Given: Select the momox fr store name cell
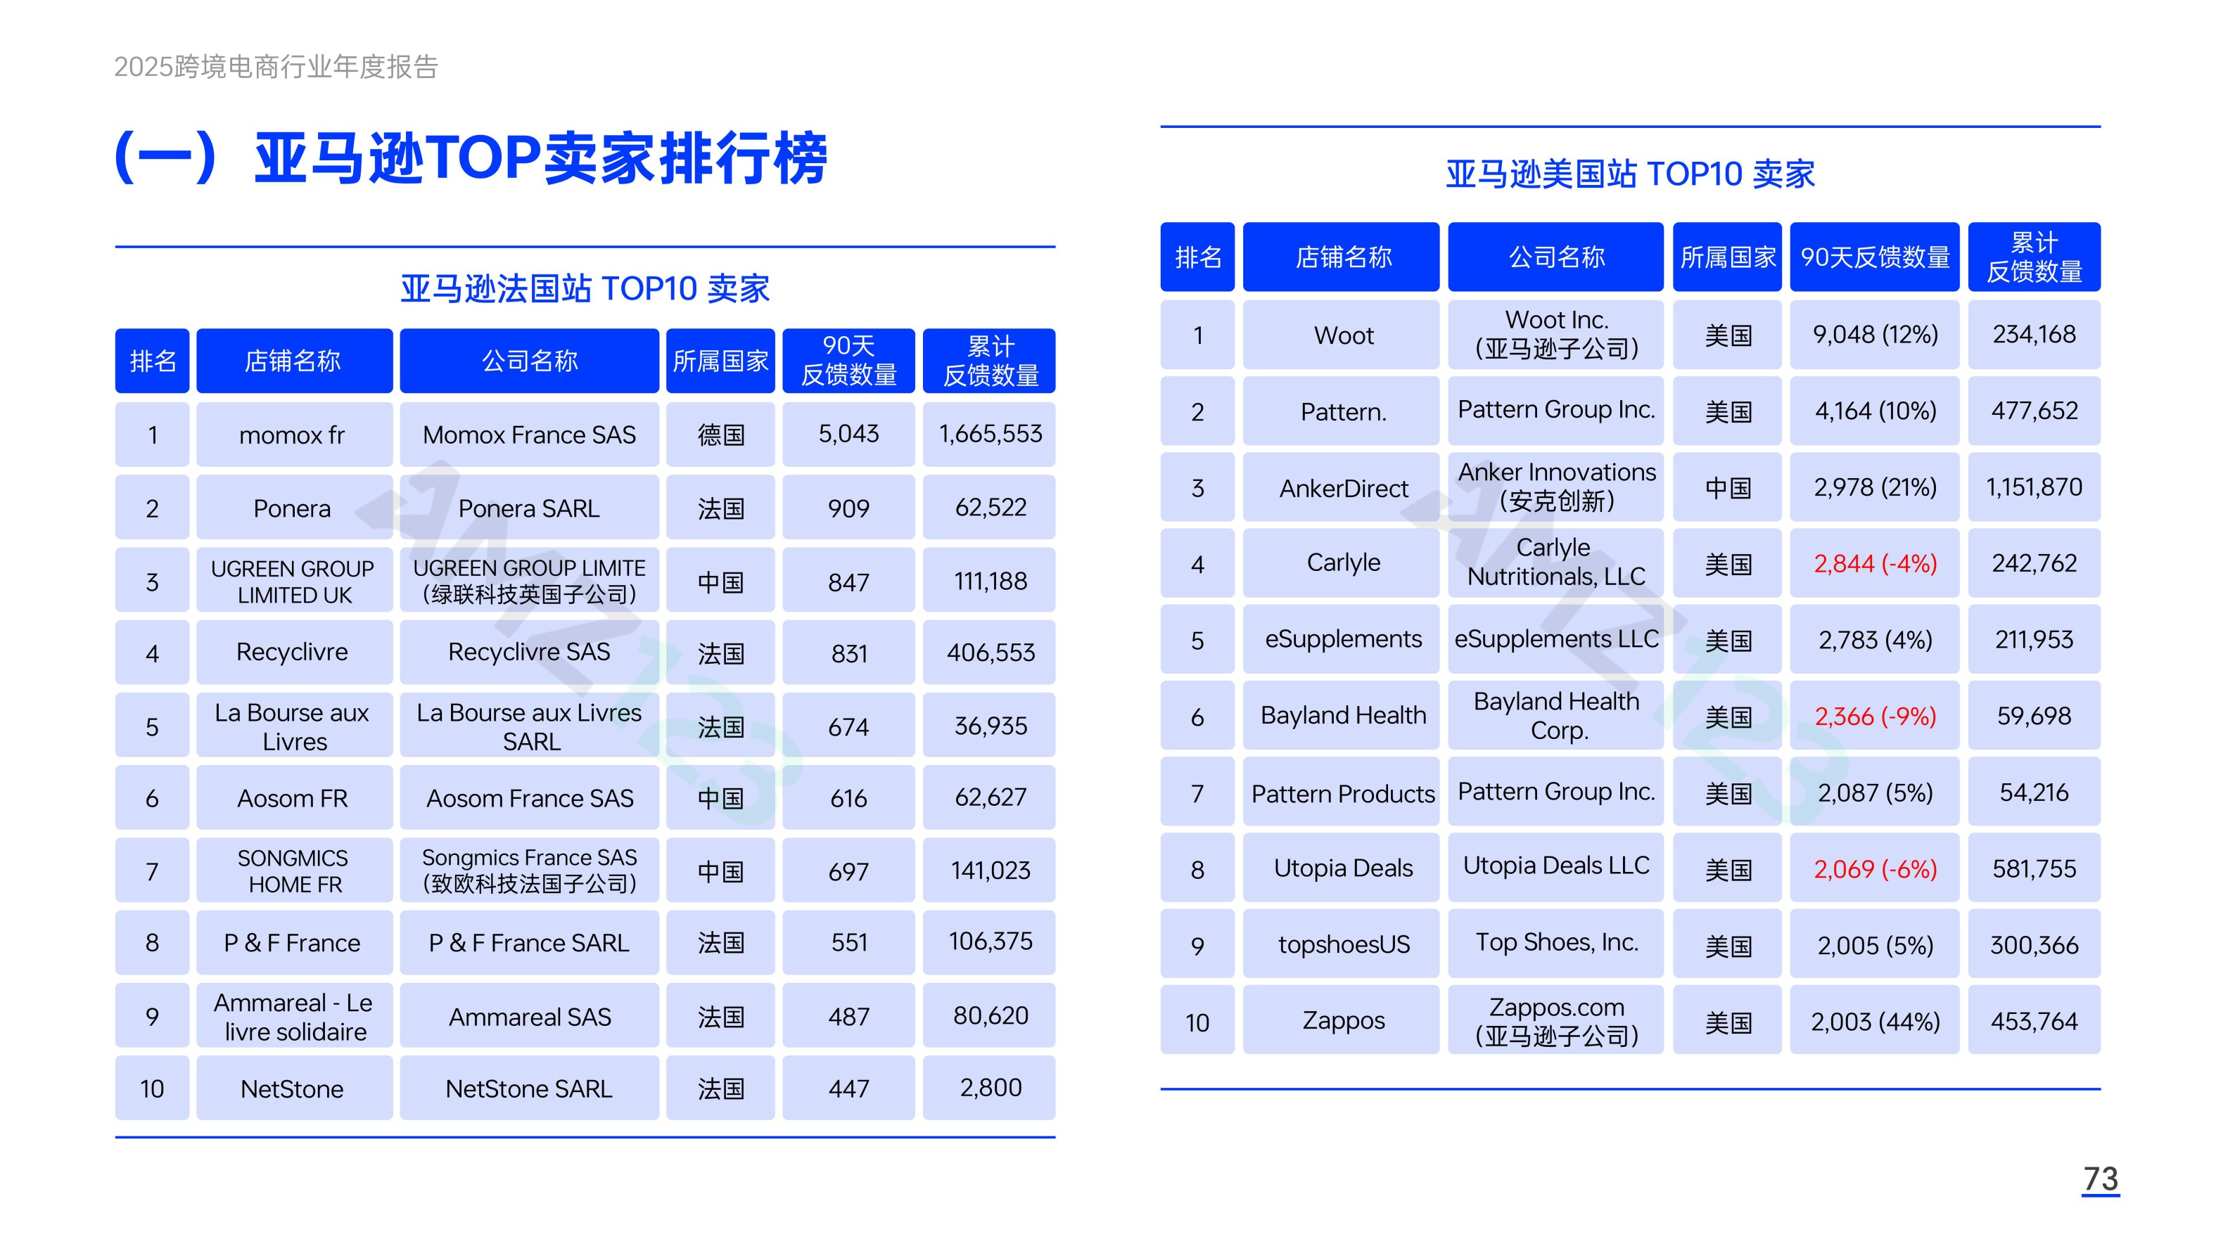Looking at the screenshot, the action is pyautogui.click(x=293, y=435).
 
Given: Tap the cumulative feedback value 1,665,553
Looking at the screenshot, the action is pyautogui.click(x=990, y=435).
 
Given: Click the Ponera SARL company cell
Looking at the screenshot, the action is pyautogui.click(x=529, y=508).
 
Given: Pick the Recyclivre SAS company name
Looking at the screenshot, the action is pyautogui.click(x=529, y=652).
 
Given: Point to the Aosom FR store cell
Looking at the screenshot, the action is pyautogui.click(x=293, y=799).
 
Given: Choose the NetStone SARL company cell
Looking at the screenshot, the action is pyautogui.click(x=529, y=1088).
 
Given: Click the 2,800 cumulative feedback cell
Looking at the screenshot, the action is pyautogui.click(x=990, y=1088).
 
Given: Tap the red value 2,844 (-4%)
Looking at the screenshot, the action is pyautogui.click(x=1876, y=564).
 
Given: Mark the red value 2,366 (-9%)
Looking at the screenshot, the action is pyautogui.click(x=1876, y=717).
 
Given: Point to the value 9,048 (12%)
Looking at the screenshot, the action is pyautogui.click(x=1876, y=335).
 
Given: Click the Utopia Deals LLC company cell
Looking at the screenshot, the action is pyautogui.click(x=1556, y=868).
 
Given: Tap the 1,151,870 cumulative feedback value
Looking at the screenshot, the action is pyautogui.click(x=2034, y=487).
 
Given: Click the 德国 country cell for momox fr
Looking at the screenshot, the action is pyautogui.click(x=721, y=435).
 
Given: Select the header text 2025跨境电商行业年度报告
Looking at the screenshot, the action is pyautogui.click(x=276, y=66).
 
